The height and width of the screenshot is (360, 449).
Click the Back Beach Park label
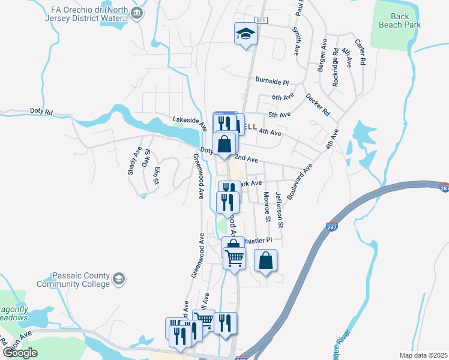(x=400, y=20)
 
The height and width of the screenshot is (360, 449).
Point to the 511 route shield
(x=260, y=20)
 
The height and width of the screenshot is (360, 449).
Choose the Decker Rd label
(x=318, y=104)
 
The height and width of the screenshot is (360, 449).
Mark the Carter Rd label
(x=360, y=52)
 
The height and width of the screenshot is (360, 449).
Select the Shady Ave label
(x=133, y=162)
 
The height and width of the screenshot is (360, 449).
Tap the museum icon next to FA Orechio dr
(x=137, y=13)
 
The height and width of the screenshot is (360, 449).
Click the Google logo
(x=20, y=352)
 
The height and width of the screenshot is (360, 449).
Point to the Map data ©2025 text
(x=423, y=355)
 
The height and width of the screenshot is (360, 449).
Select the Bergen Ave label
(x=322, y=56)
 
